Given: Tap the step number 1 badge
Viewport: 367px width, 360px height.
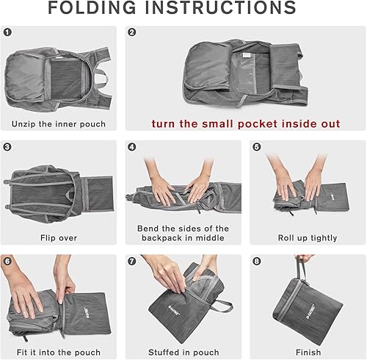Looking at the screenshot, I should click(x=7, y=32).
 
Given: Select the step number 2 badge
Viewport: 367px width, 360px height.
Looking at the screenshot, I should click(x=132, y=32).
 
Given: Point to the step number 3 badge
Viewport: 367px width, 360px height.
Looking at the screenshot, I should click(x=7, y=146).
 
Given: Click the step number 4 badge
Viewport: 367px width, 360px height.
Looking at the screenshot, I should click(x=132, y=146).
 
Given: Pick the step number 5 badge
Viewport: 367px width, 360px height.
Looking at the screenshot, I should click(x=256, y=146).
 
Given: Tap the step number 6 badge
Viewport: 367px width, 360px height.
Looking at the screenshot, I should click(x=7, y=261).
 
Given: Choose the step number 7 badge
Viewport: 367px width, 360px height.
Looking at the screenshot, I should click(x=132, y=261).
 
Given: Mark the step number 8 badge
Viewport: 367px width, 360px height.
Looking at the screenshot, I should click(x=256, y=261).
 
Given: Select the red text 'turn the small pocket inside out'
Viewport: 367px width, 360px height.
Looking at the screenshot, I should click(x=246, y=123).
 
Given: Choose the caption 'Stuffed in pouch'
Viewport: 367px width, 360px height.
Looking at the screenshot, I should click(x=183, y=352).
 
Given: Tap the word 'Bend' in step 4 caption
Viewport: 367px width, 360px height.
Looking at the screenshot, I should click(x=150, y=228).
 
